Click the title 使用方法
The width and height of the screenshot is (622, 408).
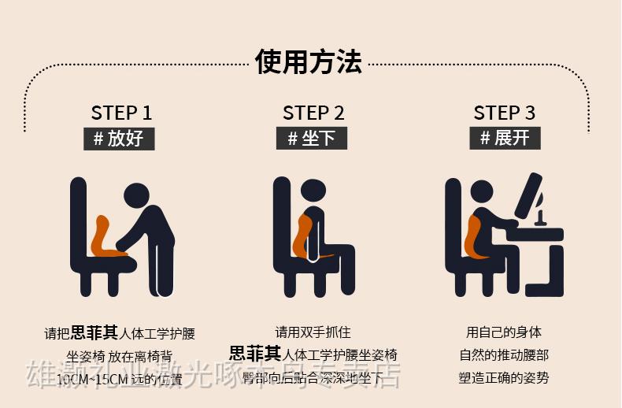pos(309,61)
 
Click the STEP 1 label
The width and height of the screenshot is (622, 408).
pos(121,113)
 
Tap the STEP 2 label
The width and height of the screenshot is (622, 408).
pos(313,113)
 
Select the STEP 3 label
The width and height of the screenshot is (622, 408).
pos(504,113)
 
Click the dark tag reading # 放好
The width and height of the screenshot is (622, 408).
pos(119,139)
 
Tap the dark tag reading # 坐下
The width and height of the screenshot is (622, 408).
pos(311,139)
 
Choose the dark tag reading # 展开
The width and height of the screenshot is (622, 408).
pos(505,139)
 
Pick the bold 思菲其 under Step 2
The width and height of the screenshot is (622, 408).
pos(254,354)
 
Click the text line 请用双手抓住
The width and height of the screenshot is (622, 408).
pos(313,332)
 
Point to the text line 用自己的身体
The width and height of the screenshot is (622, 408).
pos(504,332)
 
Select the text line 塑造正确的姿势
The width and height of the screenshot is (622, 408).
pos(504,377)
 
